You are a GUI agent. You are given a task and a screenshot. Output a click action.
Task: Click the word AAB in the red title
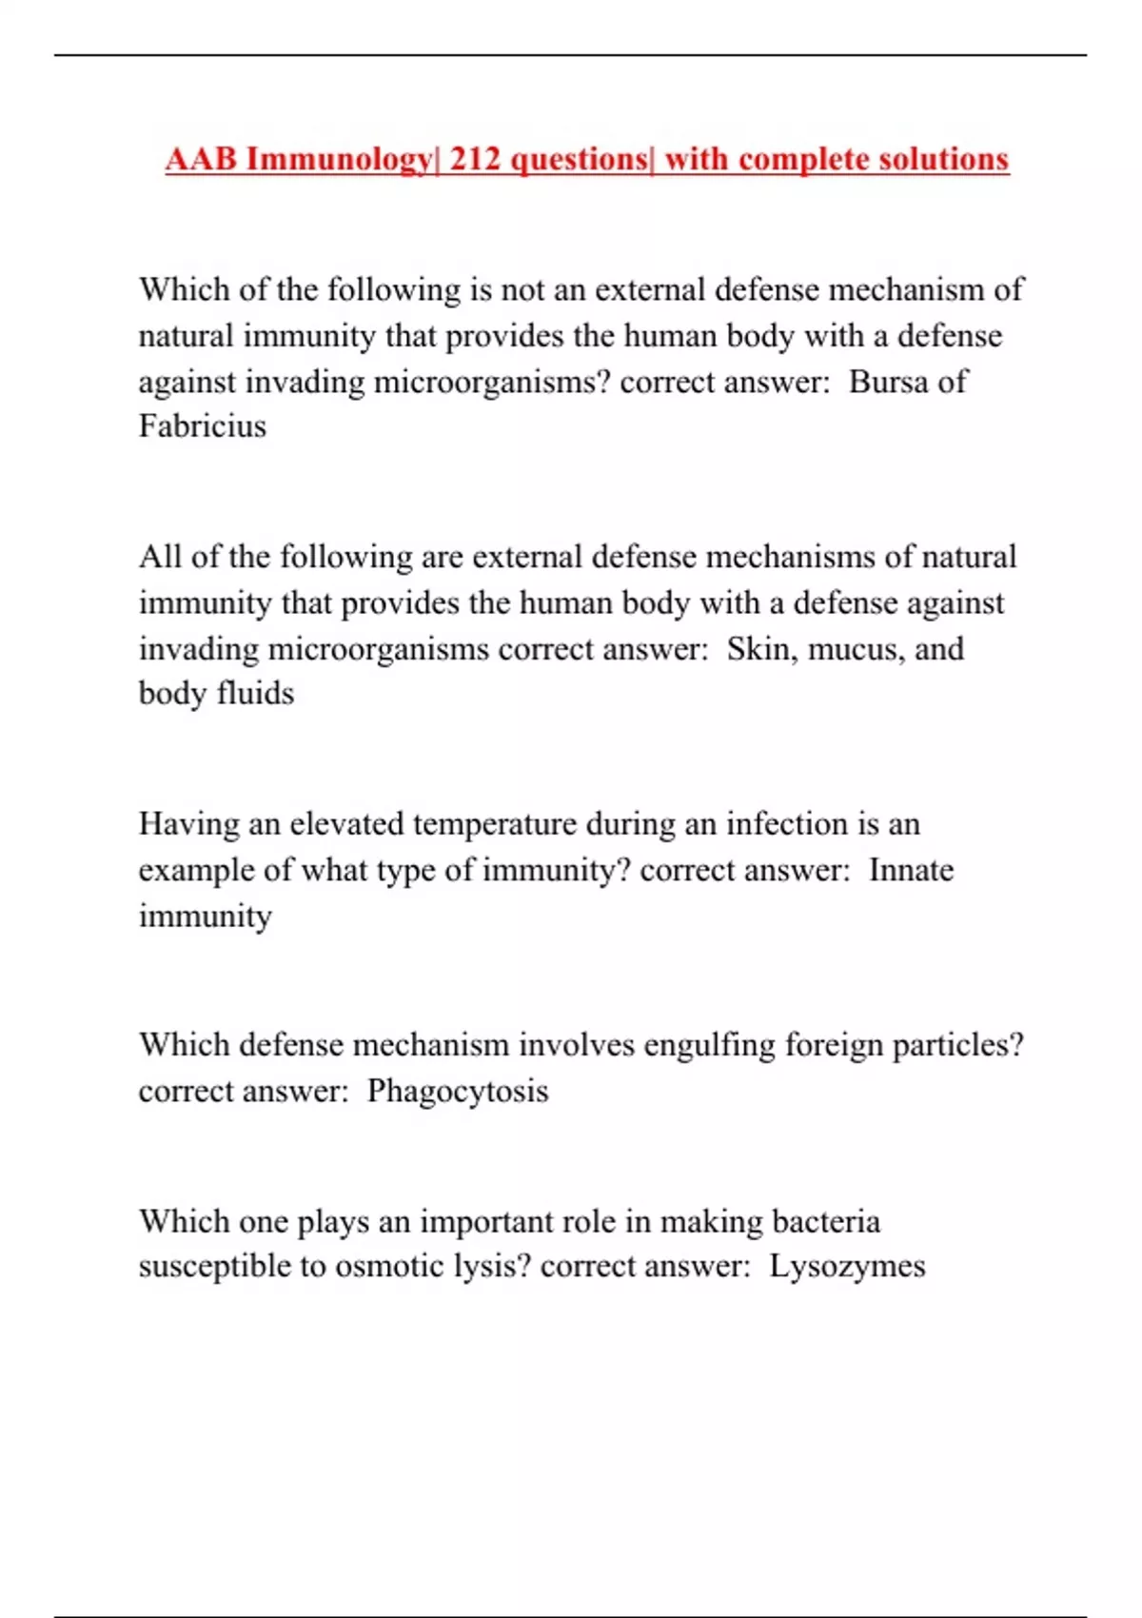click(201, 159)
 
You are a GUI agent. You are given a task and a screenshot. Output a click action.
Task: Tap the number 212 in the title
click(475, 159)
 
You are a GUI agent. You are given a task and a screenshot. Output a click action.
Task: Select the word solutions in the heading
click(943, 159)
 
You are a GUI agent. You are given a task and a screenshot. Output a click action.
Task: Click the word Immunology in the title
click(339, 159)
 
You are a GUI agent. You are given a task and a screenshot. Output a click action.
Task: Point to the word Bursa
click(887, 382)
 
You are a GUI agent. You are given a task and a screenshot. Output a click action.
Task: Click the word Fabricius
click(203, 426)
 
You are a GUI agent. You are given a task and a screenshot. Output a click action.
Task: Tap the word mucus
click(852, 649)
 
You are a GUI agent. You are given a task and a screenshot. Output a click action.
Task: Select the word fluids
click(255, 694)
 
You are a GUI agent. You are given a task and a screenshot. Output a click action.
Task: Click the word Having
click(188, 824)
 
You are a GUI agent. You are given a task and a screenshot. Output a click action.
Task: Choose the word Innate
click(911, 870)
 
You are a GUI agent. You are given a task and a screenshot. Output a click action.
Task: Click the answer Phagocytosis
click(458, 1091)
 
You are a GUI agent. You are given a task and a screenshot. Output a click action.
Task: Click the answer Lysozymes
click(847, 1267)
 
